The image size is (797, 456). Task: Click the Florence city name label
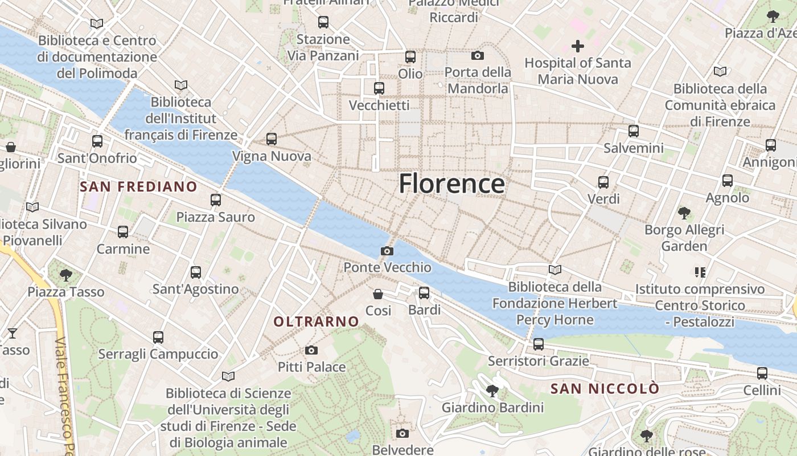[x=451, y=184]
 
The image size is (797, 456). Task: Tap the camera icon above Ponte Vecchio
[x=387, y=251]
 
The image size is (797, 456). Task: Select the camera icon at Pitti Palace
[x=311, y=350]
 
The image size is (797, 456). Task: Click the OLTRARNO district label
[x=317, y=321]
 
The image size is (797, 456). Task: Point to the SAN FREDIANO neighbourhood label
[x=138, y=186]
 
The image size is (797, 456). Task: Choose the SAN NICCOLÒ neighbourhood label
[x=605, y=389]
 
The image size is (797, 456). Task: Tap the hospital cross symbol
[x=578, y=46]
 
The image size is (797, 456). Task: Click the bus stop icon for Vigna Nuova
[x=272, y=139]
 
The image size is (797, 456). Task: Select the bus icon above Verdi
[x=603, y=182]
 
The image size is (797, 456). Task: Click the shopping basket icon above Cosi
[x=378, y=294]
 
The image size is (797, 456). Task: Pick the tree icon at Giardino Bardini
[x=492, y=390]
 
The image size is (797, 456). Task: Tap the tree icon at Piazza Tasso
[x=66, y=275]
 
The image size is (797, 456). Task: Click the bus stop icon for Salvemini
[x=634, y=131]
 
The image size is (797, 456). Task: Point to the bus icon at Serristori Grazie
[x=538, y=344]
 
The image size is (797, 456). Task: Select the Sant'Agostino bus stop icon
[x=196, y=272]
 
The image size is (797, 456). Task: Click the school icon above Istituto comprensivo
[x=700, y=272]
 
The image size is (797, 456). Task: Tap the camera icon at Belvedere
[x=402, y=433]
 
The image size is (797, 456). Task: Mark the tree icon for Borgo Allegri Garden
[x=684, y=213]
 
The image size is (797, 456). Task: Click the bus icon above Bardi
[x=424, y=293]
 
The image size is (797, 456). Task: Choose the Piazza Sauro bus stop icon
[x=216, y=200]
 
